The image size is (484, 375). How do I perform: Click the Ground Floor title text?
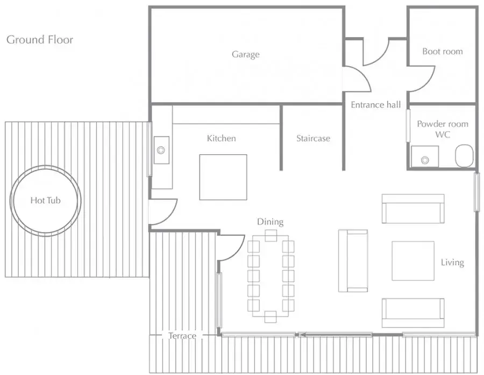pyautogui.click(x=40, y=40)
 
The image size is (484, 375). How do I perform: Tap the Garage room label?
pyautogui.click(x=246, y=55)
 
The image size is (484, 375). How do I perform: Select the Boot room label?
pyautogui.click(x=443, y=51)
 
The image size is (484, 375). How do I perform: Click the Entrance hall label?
pyautogui.click(x=376, y=105)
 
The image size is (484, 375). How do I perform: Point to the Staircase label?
pyautogui.click(x=313, y=138)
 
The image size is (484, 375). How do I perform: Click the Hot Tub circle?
pyautogui.click(x=46, y=166)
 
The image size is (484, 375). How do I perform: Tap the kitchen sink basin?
pyautogui.click(x=161, y=150)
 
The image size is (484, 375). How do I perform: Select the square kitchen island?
pyautogui.click(x=223, y=177)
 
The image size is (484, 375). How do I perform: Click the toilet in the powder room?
pyautogui.click(x=464, y=156)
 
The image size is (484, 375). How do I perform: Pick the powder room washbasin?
pyautogui.click(x=425, y=157)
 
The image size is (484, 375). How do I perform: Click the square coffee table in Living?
pyautogui.click(x=413, y=261)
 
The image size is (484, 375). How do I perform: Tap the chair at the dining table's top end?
pyautogui.click(x=271, y=236)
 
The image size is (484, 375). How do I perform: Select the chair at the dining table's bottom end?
pyautogui.click(x=271, y=317)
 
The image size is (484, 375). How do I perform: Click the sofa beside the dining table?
pyautogui.click(x=353, y=261)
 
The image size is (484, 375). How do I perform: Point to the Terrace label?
pyautogui.click(x=182, y=336)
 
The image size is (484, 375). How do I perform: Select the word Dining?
pyautogui.click(x=271, y=222)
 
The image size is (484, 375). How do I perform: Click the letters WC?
pyautogui.click(x=443, y=134)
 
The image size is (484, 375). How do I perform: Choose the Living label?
pyautogui.click(x=452, y=262)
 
